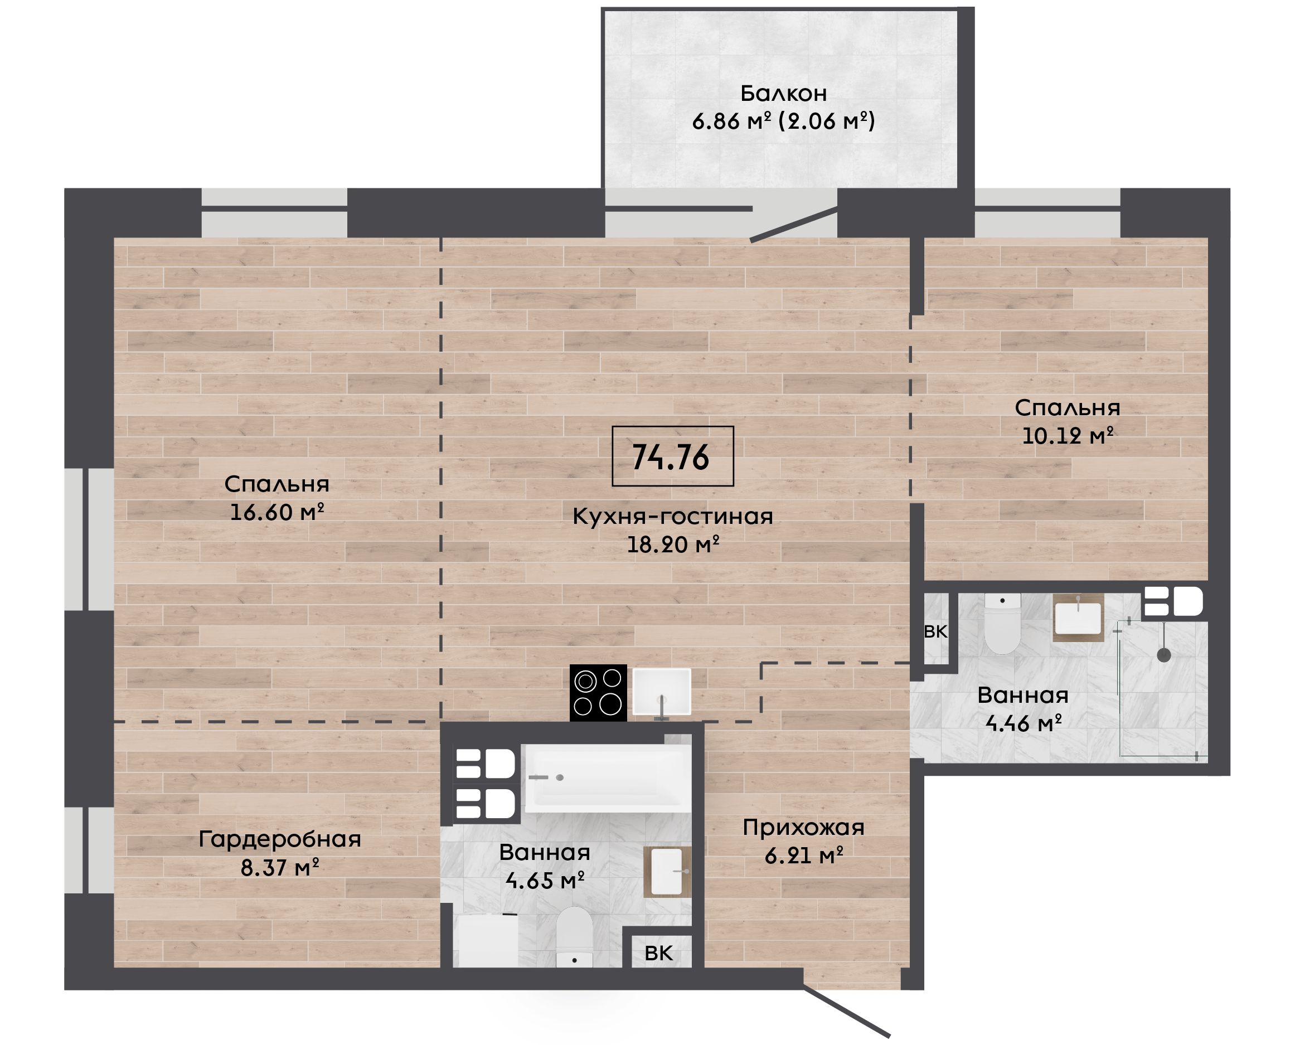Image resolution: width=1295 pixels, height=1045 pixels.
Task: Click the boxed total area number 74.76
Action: coord(671,457)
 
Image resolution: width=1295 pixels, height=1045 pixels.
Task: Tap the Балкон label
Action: coord(783,93)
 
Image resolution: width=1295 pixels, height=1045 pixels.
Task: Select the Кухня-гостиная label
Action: coord(672,517)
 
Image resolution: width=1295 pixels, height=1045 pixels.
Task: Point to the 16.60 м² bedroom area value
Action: coord(277,512)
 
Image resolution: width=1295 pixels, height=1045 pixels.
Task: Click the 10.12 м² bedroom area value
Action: coord(1068,436)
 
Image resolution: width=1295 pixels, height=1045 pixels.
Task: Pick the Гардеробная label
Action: coord(280,839)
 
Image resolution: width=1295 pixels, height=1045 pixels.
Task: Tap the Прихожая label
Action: coord(803,828)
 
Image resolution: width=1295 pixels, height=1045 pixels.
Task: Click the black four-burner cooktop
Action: coord(598,693)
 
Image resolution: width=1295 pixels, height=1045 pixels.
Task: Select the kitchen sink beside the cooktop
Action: coord(662,692)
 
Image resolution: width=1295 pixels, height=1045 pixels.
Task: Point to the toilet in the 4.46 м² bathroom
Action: coord(1002,624)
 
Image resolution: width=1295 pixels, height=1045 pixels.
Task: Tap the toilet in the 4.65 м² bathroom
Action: coord(574,936)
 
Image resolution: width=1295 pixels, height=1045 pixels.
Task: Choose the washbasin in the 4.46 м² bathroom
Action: coord(1078,617)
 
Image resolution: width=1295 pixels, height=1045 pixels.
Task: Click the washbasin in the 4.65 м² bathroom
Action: coord(667,872)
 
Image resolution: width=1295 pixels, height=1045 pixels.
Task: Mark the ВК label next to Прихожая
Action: coord(658,954)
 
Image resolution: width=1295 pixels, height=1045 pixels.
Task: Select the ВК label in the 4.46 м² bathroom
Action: coord(935,631)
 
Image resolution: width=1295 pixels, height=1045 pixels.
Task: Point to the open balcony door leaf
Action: coord(794,224)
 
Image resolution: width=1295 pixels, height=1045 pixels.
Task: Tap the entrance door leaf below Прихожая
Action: coord(846,1012)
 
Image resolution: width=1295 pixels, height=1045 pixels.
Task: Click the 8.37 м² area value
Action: coord(280,867)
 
